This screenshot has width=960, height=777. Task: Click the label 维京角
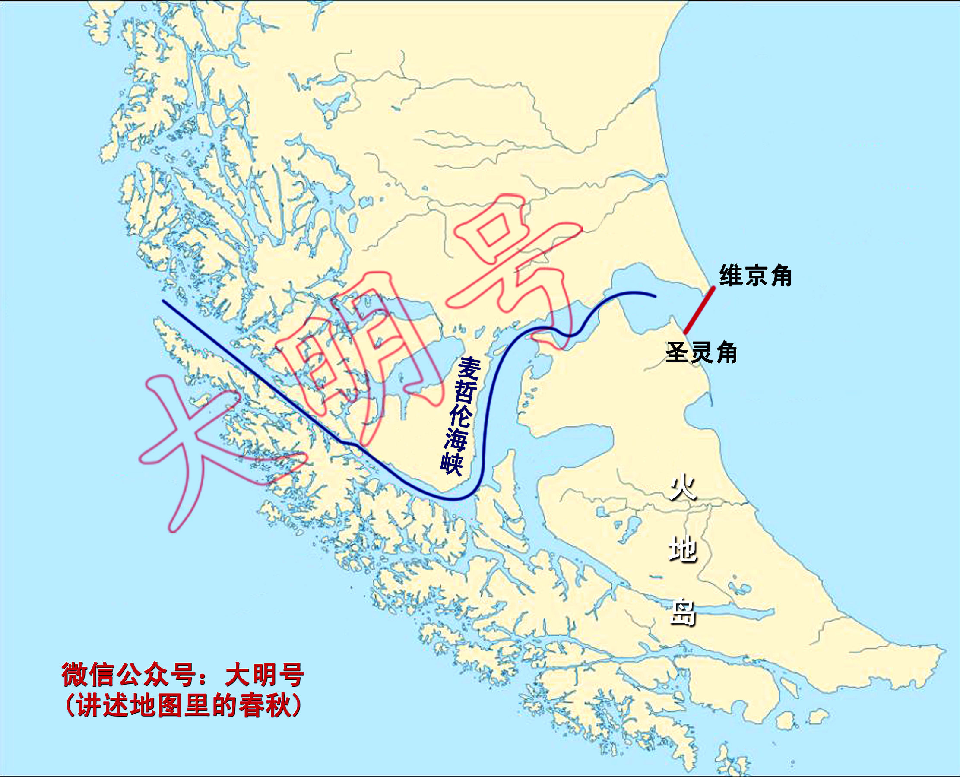(x=755, y=276)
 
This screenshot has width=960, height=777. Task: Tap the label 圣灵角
(x=701, y=352)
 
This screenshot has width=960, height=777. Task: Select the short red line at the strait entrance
(x=699, y=311)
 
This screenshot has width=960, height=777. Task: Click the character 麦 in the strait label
(x=469, y=369)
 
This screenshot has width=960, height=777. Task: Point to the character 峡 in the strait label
(x=451, y=463)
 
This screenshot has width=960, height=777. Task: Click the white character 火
(x=683, y=488)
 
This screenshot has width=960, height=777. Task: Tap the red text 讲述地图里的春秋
(x=184, y=706)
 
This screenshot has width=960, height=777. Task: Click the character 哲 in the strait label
(x=466, y=393)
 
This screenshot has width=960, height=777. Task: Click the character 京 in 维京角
(x=755, y=276)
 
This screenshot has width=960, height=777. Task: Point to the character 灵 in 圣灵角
(x=701, y=352)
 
